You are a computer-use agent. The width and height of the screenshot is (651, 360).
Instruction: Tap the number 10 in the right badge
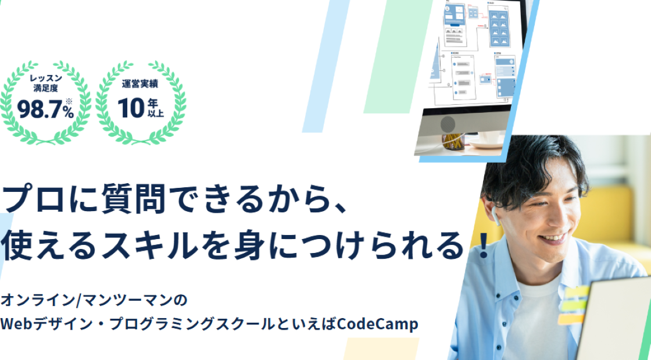pos(131,108)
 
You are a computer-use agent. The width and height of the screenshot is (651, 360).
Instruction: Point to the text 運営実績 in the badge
pos(140,84)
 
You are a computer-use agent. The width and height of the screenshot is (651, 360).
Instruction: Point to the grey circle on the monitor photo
pos(448,124)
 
